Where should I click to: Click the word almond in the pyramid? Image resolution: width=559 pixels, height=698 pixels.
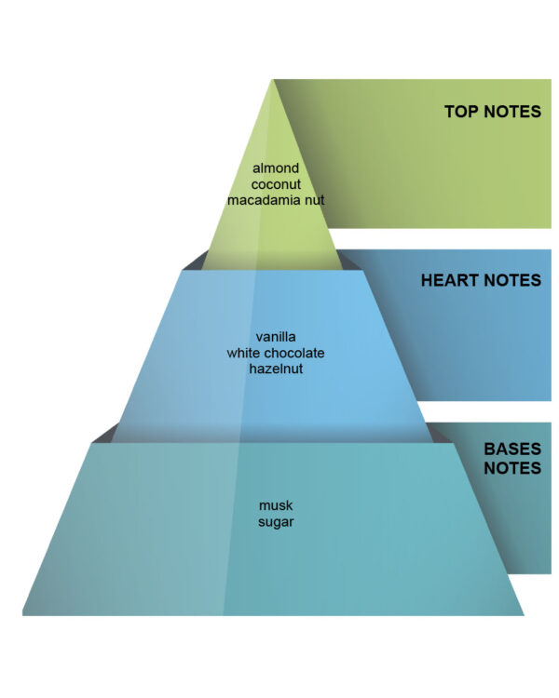pos(276,168)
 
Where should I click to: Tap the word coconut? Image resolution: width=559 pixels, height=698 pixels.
pos(276,183)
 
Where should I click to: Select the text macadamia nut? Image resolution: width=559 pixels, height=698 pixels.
pos(276,198)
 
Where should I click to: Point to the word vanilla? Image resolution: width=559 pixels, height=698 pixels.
pos(276,337)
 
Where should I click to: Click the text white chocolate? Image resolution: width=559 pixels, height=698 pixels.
pos(276,353)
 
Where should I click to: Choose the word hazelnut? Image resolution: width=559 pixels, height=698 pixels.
pos(276,369)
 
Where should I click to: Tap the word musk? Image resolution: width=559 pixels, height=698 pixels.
pos(276,505)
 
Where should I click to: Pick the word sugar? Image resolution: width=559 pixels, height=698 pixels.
pos(276,522)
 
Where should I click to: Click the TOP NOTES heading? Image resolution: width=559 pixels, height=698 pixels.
pos(492,112)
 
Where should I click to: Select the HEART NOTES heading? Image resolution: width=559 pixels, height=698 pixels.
pos(481,280)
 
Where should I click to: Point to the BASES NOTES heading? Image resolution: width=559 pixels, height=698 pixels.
pos(511,458)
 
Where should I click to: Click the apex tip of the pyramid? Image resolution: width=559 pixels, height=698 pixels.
pos(273,82)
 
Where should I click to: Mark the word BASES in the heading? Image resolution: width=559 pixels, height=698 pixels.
pos(511,449)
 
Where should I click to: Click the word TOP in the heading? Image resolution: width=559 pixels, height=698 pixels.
pos(462,112)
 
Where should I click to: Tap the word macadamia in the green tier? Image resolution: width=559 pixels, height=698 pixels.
pos(264,198)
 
